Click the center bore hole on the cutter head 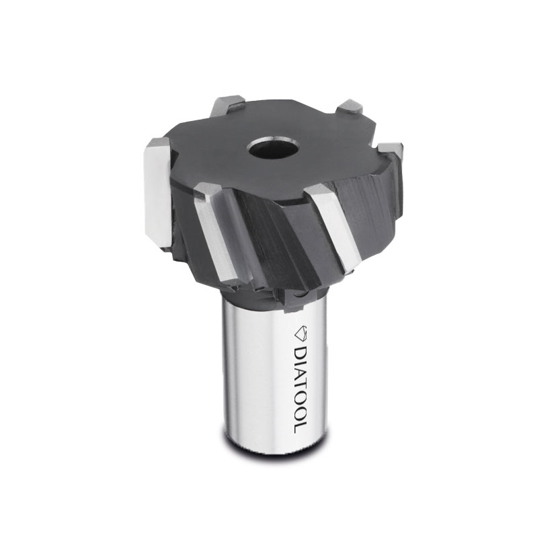(273, 149)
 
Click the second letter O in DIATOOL (301, 414)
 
